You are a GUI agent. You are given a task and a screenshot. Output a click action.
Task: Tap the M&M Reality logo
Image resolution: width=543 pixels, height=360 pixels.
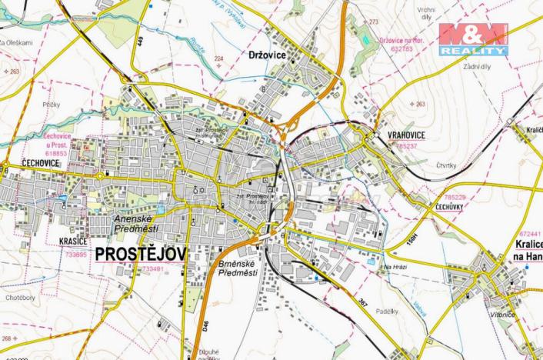[473, 38]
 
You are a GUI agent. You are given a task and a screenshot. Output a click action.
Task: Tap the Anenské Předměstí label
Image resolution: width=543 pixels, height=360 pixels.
[135, 224]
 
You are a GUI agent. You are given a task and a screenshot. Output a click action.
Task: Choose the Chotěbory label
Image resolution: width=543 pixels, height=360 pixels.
[19, 296]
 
